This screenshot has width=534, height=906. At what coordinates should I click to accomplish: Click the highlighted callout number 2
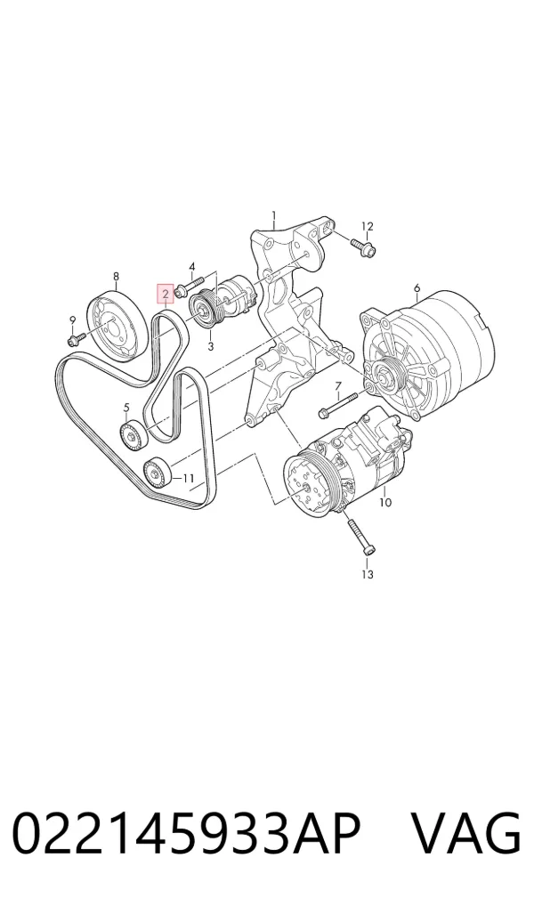tap(166, 295)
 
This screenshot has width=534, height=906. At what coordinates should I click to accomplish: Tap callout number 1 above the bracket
tap(274, 216)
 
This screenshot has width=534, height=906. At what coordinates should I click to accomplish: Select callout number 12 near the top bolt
tap(368, 226)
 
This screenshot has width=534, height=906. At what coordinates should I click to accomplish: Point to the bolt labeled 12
tap(362, 247)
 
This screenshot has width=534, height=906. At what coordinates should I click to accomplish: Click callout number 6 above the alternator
tap(417, 287)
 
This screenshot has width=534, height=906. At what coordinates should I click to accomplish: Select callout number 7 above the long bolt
tap(338, 385)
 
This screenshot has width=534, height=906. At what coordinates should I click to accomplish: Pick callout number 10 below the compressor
tap(384, 502)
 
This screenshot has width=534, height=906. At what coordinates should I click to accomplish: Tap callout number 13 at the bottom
tap(368, 574)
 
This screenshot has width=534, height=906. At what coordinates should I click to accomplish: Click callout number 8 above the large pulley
tap(116, 276)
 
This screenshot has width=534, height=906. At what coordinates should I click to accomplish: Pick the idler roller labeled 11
tap(157, 472)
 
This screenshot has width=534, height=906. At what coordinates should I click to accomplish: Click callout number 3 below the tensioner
tap(210, 347)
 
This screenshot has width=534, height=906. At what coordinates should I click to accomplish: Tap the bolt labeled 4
tap(189, 287)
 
